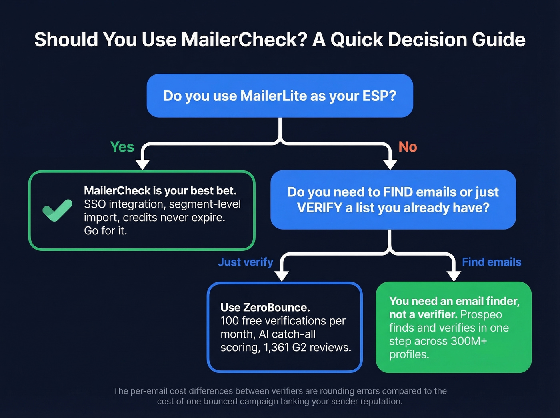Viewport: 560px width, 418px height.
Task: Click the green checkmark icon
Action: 57,210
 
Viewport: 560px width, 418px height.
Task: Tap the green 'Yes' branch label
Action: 122,147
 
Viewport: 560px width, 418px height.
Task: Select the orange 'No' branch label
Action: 408,147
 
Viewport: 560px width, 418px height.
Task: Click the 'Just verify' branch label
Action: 245,262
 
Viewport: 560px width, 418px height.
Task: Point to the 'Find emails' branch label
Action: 491,262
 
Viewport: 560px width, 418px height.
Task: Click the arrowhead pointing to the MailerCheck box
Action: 142,164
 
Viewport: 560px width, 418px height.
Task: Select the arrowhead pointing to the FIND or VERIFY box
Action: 390,164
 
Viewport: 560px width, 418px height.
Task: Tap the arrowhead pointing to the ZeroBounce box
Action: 282,276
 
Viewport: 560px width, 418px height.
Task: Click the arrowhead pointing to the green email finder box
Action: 454,276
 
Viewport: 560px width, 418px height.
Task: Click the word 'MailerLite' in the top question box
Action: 273,96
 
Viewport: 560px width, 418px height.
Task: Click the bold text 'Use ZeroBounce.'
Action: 265,307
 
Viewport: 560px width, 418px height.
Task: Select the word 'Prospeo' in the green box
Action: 481,314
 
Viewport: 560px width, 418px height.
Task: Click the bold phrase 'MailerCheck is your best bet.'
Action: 160,190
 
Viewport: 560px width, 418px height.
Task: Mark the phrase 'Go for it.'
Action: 105,231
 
